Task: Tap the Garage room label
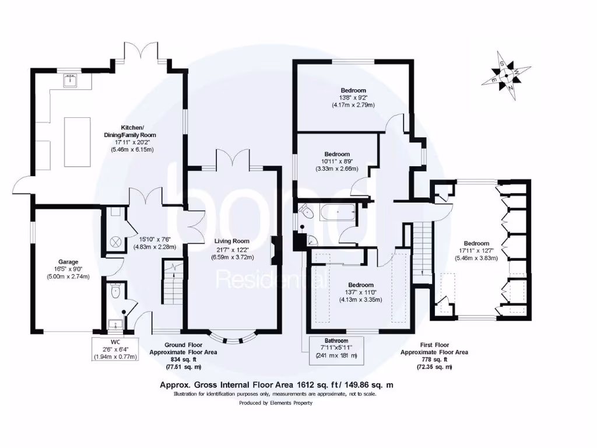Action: (x=68, y=262)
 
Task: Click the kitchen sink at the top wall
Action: (x=72, y=80)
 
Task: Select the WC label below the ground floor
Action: (x=115, y=342)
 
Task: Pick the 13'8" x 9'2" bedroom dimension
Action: (x=353, y=97)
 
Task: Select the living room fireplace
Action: (x=273, y=250)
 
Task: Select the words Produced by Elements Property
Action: (x=276, y=402)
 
